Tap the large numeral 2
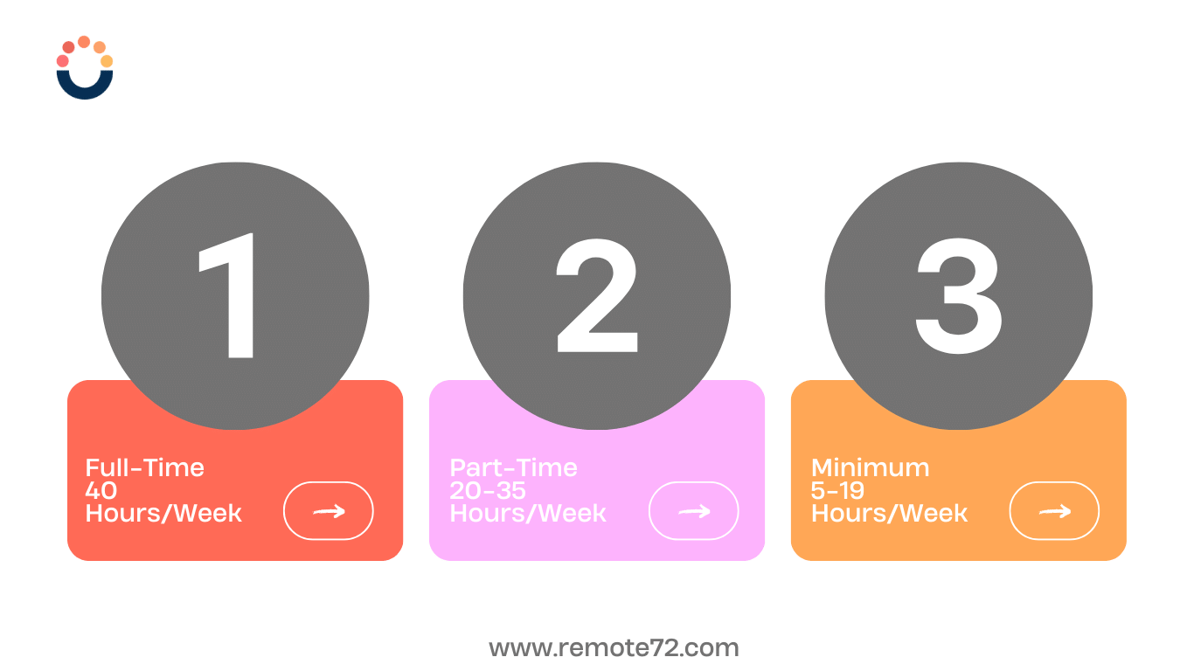click(598, 295)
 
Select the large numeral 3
click(959, 296)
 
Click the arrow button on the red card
click(329, 511)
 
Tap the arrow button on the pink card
click(693, 511)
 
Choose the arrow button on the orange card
click(1054, 511)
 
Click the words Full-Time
click(144, 468)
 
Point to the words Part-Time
click(513, 468)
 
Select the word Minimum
click(870, 468)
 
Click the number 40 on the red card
click(101, 490)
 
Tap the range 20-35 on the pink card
click(488, 490)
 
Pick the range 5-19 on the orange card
click(837, 490)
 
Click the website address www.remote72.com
click(614, 648)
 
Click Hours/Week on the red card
click(163, 513)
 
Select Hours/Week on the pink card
click(528, 513)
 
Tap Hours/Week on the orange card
click(889, 513)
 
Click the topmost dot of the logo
click(84, 42)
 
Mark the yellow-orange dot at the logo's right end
click(107, 61)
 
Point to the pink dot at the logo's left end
click(62, 61)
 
